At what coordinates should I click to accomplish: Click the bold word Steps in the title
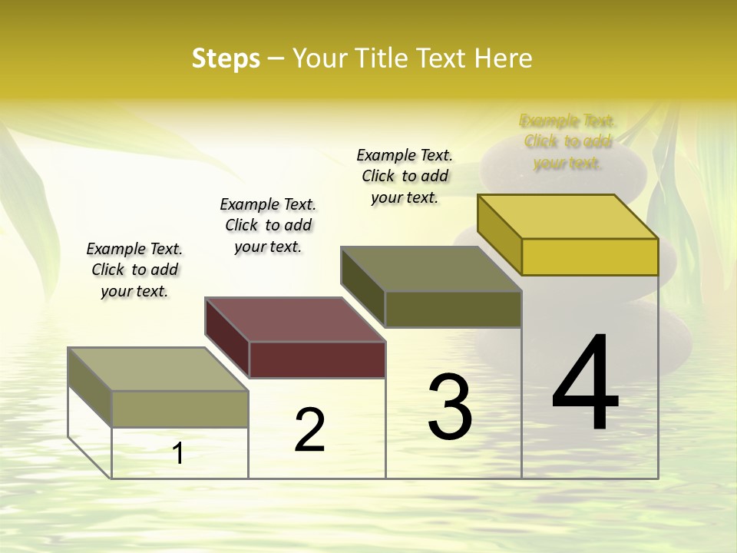tap(226, 58)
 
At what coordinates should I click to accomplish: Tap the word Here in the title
tap(503, 58)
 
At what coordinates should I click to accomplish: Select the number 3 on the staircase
tap(450, 406)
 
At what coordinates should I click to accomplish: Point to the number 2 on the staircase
tap(309, 429)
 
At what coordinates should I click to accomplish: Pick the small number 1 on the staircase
tap(177, 453)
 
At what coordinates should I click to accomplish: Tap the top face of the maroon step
tap(296, 319)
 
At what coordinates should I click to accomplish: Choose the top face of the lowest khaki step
tap(158, 369)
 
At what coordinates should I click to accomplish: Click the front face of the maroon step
tap(317, 359)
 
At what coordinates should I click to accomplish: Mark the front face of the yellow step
tap(590, 257)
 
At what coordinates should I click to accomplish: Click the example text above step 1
tap(134, 270)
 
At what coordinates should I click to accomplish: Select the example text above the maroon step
tap(268, 225)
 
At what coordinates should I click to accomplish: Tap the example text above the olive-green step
tap(405, 176)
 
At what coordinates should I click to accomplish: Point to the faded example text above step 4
tap(567, 141)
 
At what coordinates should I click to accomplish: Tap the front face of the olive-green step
tap(453, 309)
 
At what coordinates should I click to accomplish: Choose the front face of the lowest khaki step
tap(180, 409)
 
